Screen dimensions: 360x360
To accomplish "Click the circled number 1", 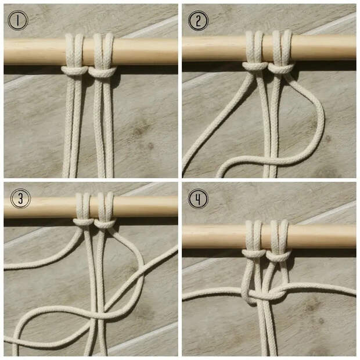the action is (17, 21).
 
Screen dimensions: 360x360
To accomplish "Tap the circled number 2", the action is (199, 21).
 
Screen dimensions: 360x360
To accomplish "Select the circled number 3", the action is (20, 199).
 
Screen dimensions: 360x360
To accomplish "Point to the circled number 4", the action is (199, 199).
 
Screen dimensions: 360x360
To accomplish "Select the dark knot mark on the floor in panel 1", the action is (139, 131).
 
